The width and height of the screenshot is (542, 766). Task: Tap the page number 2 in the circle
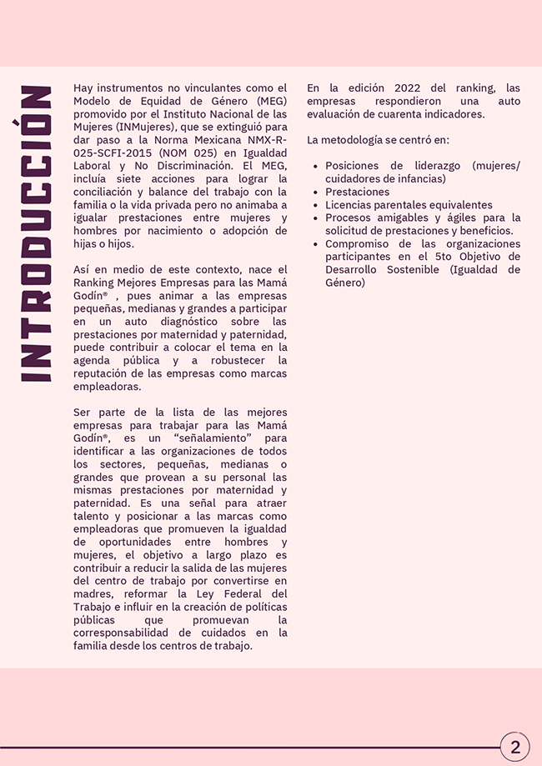515,747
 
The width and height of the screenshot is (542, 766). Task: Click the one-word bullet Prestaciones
357,192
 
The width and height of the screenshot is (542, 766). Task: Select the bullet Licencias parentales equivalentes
409,205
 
